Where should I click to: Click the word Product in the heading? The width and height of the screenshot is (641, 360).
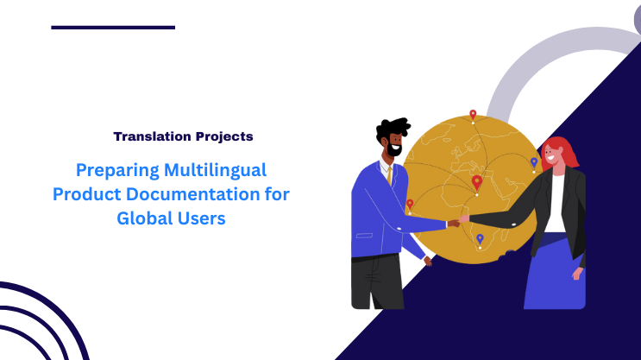tap(85, 193)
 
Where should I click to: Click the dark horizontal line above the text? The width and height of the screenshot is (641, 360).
tap(113, 28)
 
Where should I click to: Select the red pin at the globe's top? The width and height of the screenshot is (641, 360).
tap(473, 114)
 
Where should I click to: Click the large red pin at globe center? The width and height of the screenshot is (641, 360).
tap(477, 182)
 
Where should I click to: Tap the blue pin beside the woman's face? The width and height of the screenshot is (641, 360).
tap(534, 162)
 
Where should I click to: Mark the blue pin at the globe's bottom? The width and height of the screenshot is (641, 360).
tap(480, 239)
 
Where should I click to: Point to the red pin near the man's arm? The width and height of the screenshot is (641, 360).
tap(410, 205)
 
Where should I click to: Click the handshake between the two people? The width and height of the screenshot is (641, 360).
tap(455, 222)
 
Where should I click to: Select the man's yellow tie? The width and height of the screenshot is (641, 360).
tap(390, 176)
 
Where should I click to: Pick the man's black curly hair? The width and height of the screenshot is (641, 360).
tap(393, 129)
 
